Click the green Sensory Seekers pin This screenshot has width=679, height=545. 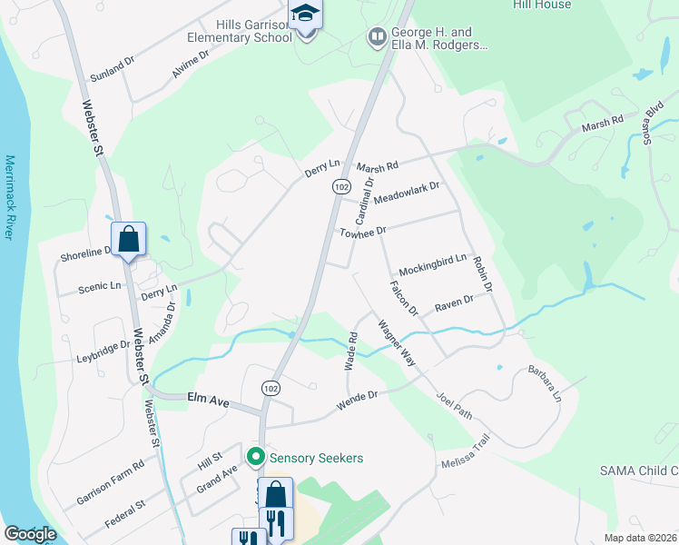256,457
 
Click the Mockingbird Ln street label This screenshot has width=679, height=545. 432,264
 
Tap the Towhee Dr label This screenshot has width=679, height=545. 363,233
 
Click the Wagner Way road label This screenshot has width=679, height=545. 397,343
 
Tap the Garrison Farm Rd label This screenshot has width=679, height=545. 110,482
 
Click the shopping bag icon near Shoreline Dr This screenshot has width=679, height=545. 129,241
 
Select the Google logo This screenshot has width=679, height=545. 30,534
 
